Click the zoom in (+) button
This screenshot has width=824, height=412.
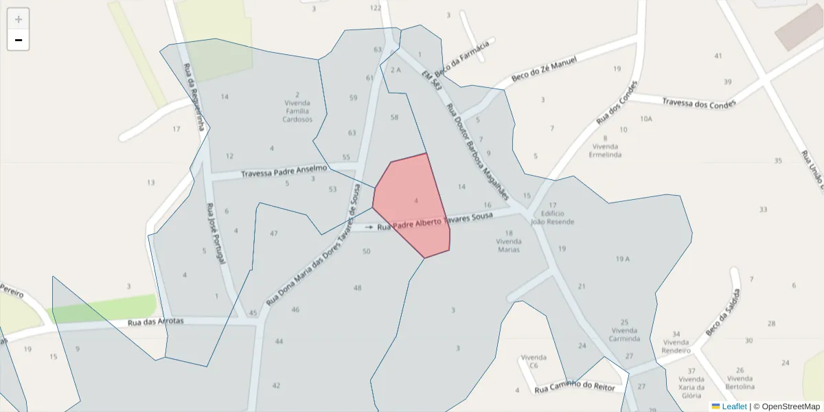pos(19,19)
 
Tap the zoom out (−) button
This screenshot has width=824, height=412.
pos(19,41)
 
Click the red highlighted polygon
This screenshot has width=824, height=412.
pos(412,206)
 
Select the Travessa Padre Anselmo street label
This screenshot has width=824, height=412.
pos(284,172)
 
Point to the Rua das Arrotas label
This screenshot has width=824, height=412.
pos(156,322)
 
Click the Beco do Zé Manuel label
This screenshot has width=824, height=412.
pos(544,71)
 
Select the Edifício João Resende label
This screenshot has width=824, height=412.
pos(552,218)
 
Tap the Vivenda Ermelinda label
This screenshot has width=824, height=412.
pos(605,150)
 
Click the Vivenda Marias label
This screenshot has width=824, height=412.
pos(509,245)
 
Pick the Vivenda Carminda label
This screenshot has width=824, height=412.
pos(625,334)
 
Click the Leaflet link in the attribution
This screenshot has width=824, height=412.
pos(734,407)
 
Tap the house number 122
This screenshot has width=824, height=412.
pos(375,8)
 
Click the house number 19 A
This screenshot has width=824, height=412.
pos(623,259)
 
